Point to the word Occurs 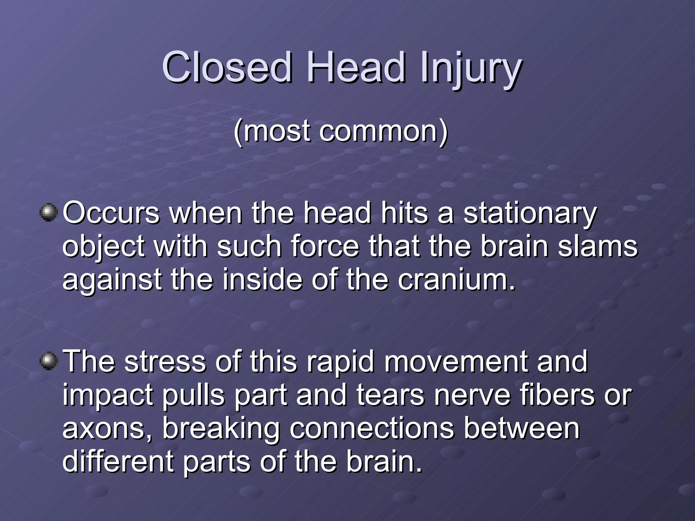tap(111, 213)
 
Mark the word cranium tap(455, 280)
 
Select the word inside tap(262, 280)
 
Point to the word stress tap(165, 362)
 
